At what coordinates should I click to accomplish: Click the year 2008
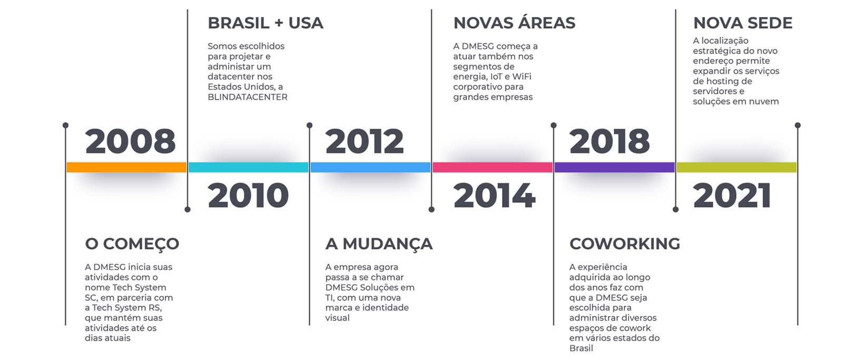(x=130, y=141)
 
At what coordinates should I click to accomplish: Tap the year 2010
(x=248, y=196)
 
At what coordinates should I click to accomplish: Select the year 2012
(x=365, y=141)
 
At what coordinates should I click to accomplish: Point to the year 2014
(x=494, y=196)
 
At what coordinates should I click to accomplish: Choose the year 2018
(x=610, y=141)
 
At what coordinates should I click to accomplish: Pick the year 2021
(x=732, y=196)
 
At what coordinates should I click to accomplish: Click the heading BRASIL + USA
(x=266, y=23)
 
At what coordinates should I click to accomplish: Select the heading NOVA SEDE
(x=743, y=23)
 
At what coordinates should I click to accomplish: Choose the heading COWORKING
(x=625, y=244)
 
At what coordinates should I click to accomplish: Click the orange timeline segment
(x=126, y=167)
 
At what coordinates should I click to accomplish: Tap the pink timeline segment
(x=493, y=167)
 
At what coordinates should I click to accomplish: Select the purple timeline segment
(x=614, y=167)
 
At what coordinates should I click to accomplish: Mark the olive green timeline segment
(x=737, y=167)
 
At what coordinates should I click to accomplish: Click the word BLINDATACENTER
(x=248, y=97)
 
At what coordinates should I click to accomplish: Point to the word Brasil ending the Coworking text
(x=581, y=348)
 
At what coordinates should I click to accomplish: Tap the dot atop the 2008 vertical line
(x=65, y=125)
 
